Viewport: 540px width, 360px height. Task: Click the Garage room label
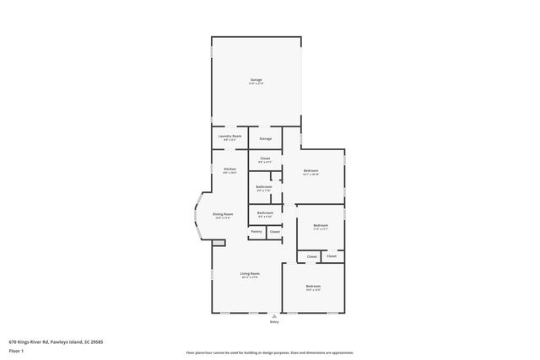(256, 80)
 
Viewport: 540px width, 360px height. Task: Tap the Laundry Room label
(230, 137)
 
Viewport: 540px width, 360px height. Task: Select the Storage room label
(265, 138)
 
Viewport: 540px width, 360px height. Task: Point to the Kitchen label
(229, 169)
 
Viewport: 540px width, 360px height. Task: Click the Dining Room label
(223, 215)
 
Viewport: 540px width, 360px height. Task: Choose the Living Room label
(249, 274)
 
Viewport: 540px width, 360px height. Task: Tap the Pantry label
(256, 231)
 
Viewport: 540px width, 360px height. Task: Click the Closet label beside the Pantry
(274, 231)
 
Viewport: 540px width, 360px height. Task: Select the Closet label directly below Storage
(265, 159)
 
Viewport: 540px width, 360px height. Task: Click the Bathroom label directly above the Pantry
(265, 212)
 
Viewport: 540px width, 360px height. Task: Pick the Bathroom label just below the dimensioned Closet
(265, 186)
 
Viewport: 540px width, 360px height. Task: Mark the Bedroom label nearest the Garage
(310, 171)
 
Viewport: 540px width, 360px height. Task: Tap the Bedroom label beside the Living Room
(312, 287)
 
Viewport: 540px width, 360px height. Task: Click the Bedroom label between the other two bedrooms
(321, 225)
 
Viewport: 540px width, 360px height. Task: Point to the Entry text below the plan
(273, 322)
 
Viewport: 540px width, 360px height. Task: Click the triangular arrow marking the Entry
(273, 315)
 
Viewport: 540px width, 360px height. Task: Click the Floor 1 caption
(16, 350)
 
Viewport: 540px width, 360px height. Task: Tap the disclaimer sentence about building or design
(269, 352)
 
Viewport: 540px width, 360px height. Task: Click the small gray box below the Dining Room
(219, 243)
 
